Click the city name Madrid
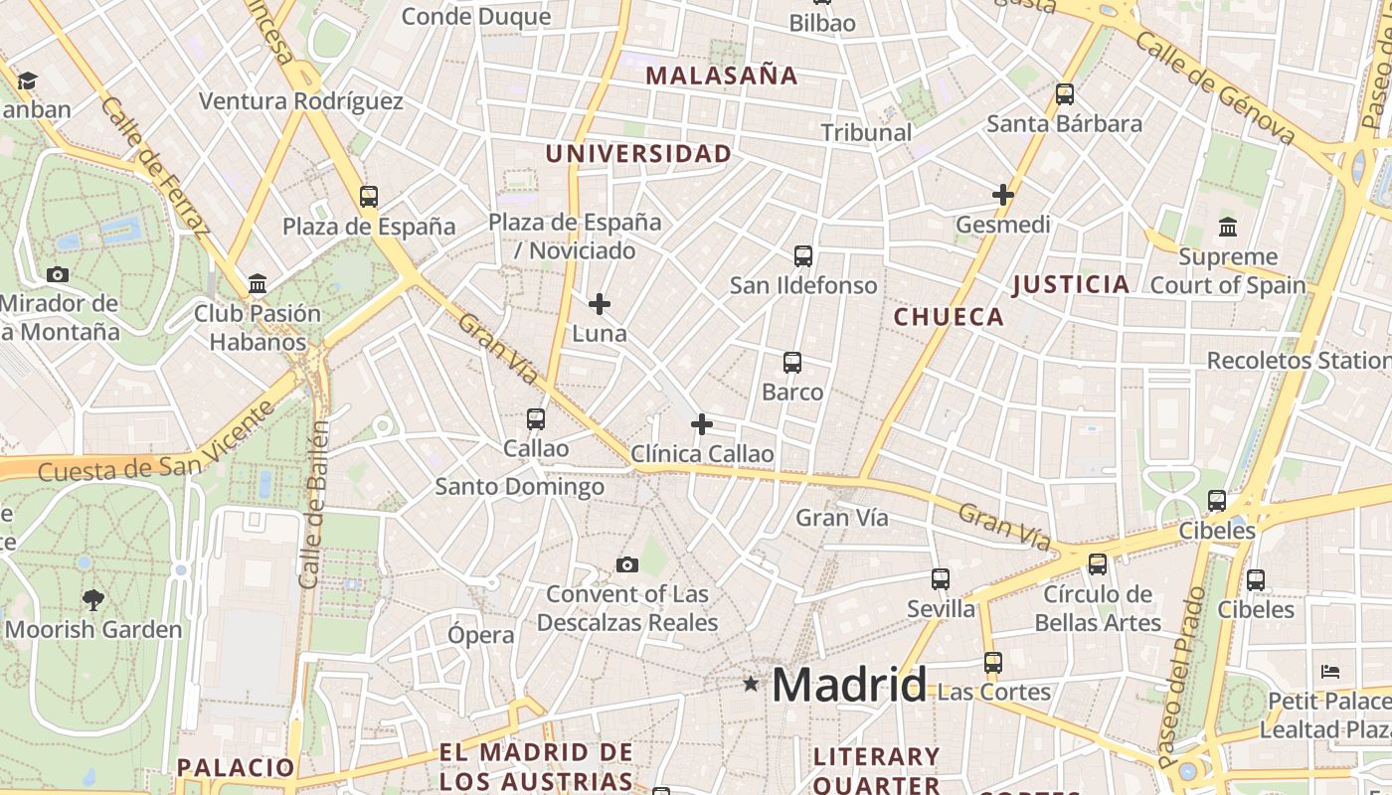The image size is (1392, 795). click(x=848, y=684)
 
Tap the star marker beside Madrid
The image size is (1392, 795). click(x=751, y=684)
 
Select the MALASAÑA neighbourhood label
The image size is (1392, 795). click(x=722, y=76)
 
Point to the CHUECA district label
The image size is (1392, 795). click(x=949, y=317)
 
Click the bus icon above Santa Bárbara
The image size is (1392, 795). click(x=1065, y=94)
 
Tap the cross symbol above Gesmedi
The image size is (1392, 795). click(x=1003, y=195)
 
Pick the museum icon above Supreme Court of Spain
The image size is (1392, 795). click(x=1228, y=227)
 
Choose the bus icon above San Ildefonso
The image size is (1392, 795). click(x=803, y=256)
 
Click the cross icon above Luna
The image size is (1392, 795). click(x=600, y=304)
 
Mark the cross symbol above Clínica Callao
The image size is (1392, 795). click(x=702, y=424)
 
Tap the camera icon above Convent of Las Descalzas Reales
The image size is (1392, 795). click(x=627, y=564)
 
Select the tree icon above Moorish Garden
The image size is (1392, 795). click(x=93, y=599)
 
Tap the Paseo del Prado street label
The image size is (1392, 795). click(x=1181, y=676)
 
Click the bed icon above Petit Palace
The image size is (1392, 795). click(x=1330, y=671)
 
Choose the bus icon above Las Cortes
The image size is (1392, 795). click(x=992, y=662)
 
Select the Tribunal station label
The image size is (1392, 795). click(x=866, y=132)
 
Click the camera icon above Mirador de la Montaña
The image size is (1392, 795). click(x=58, y=274)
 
